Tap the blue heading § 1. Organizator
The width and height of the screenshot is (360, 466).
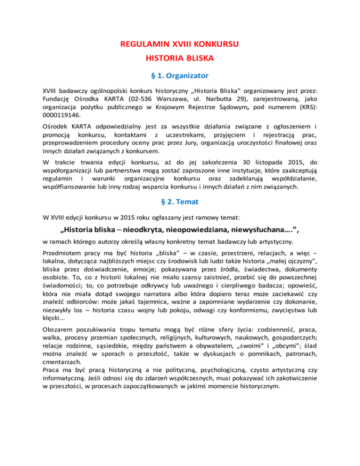[x=180, y=75]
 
